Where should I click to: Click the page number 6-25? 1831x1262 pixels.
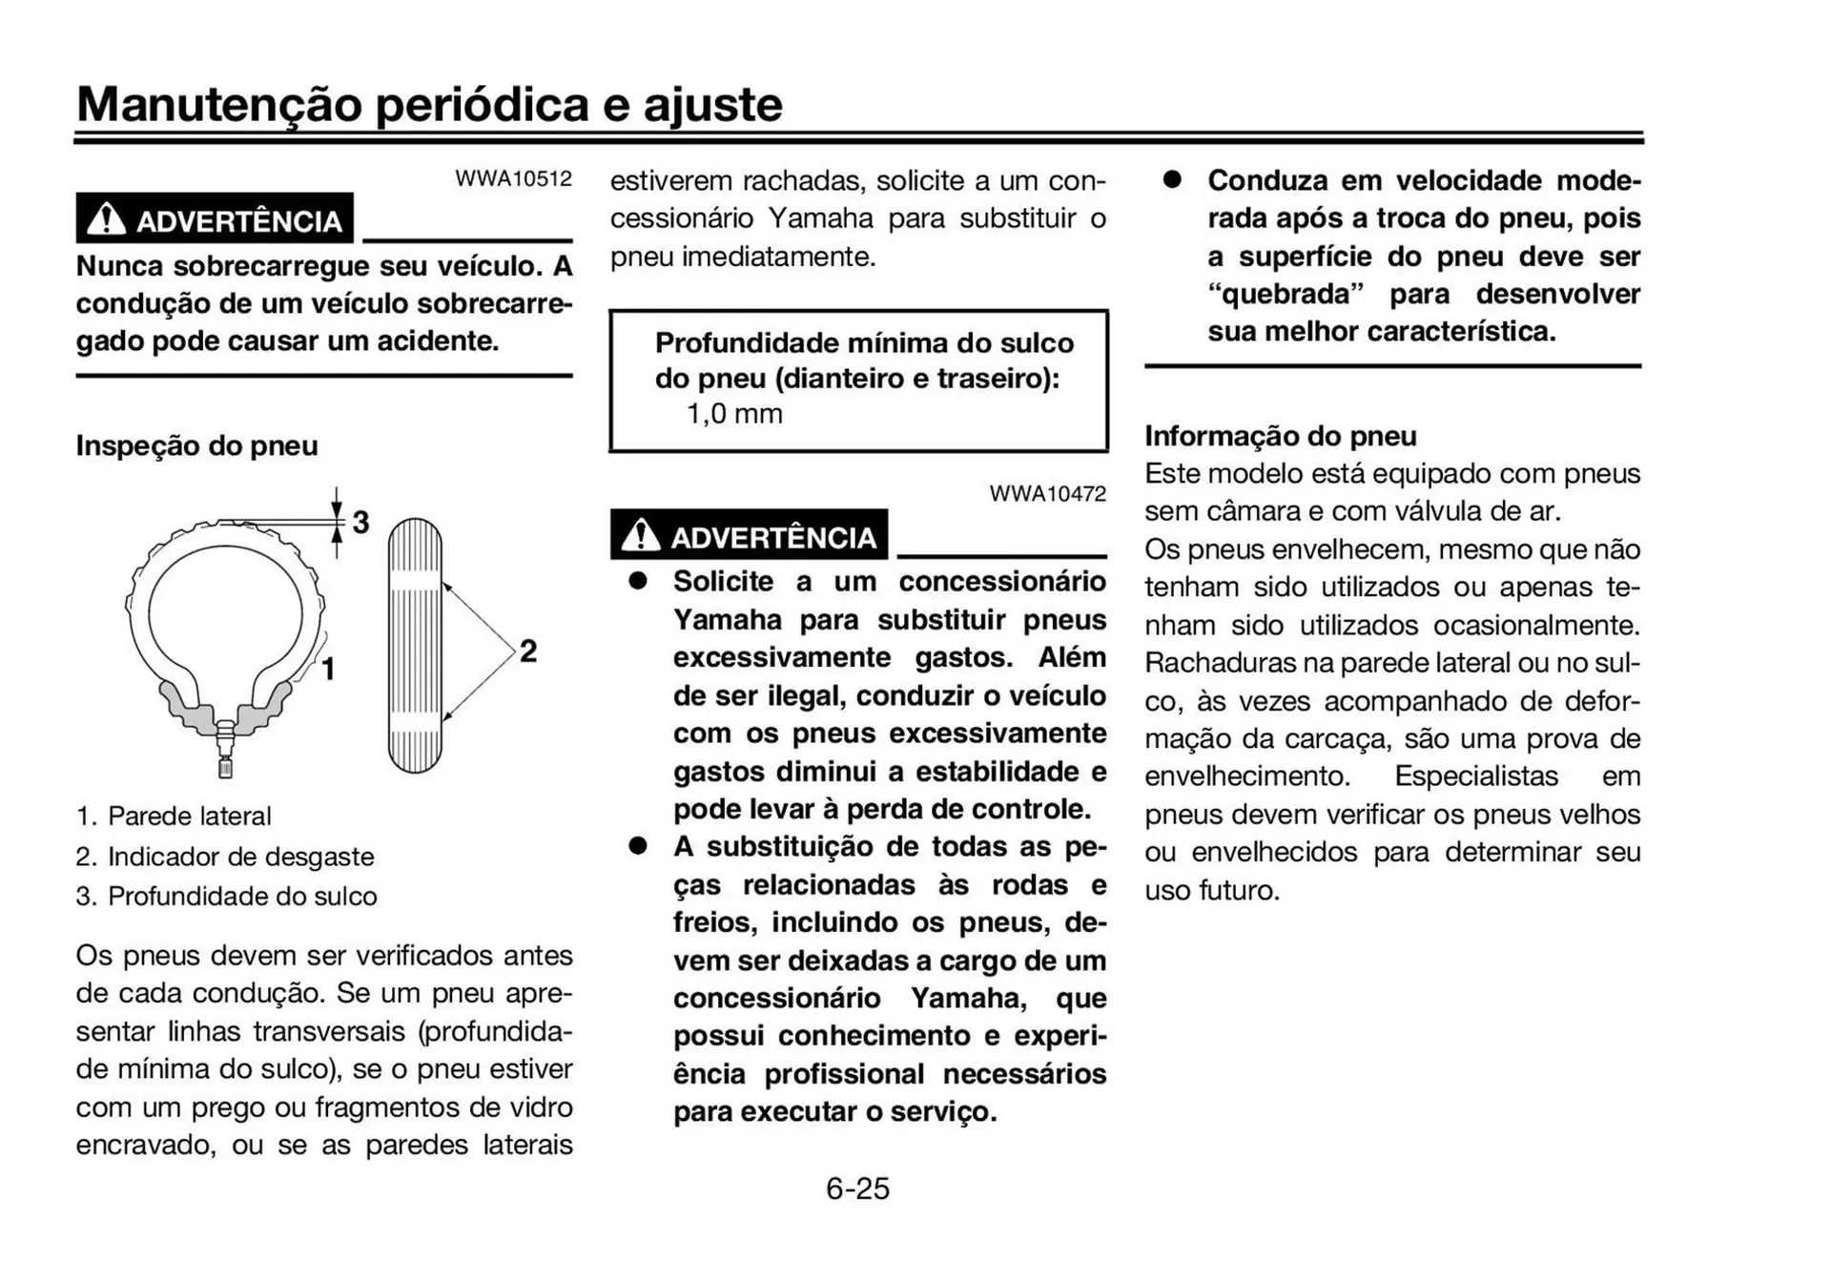tap(857, 1189)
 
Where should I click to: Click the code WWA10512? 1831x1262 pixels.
tap(513, 178)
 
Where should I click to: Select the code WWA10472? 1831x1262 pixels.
tap(1047, 494)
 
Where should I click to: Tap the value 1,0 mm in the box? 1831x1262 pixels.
tap(734, 414)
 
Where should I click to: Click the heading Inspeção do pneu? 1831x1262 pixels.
tap(196, 445)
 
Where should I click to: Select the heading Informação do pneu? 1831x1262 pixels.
tap(1280, 436)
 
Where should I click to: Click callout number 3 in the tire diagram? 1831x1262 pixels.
tap(360, 522)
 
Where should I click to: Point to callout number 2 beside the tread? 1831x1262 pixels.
tap(528, 652)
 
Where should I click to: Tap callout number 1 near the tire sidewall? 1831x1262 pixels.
tap(328, 670)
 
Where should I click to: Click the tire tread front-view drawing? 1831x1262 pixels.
tap(416, 646)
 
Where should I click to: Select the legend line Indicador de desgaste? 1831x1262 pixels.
tap(225, 857)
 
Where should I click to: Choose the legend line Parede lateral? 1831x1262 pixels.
tap(175, 817)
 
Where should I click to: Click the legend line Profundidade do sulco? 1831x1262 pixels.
tap(227, 897)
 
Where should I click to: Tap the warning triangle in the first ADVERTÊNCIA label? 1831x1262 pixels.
tap(106, 220)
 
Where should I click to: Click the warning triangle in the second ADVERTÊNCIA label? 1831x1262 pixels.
tap(640, 536)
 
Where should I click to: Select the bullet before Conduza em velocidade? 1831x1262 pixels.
tap(1172, 180)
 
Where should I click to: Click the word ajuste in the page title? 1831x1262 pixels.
tap(713, 104)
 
